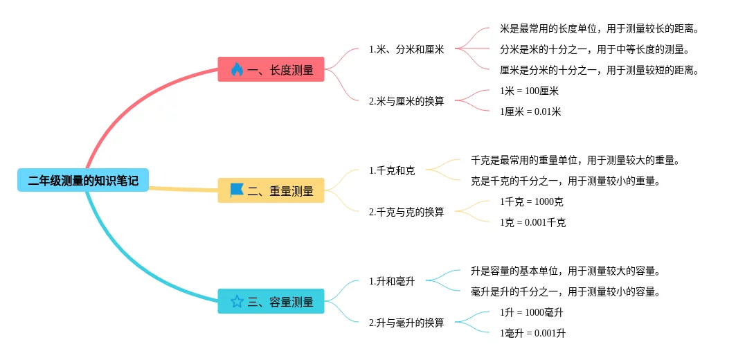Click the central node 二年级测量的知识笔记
[83, 181]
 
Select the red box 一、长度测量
[271, 69]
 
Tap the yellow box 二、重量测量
[271, 191]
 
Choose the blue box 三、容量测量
[271, 301]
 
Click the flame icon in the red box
[237, 69]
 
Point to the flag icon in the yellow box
[237, 190]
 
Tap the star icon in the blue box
[237, 301]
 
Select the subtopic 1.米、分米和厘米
[406, 49]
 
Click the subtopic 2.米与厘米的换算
[406, 101]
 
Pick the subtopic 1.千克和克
[392, 170]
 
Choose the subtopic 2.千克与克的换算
[406, 212]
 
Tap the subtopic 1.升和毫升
[392, 281]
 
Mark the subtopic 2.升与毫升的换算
[406, 323]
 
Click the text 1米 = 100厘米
[529, 91]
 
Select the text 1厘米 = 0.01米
[530, 111]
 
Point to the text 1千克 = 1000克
[532, 201]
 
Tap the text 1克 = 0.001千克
[532, 222]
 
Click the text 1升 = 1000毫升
[532, 312]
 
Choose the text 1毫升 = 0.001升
[532, 333]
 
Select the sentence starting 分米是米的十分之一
[595, 49]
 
